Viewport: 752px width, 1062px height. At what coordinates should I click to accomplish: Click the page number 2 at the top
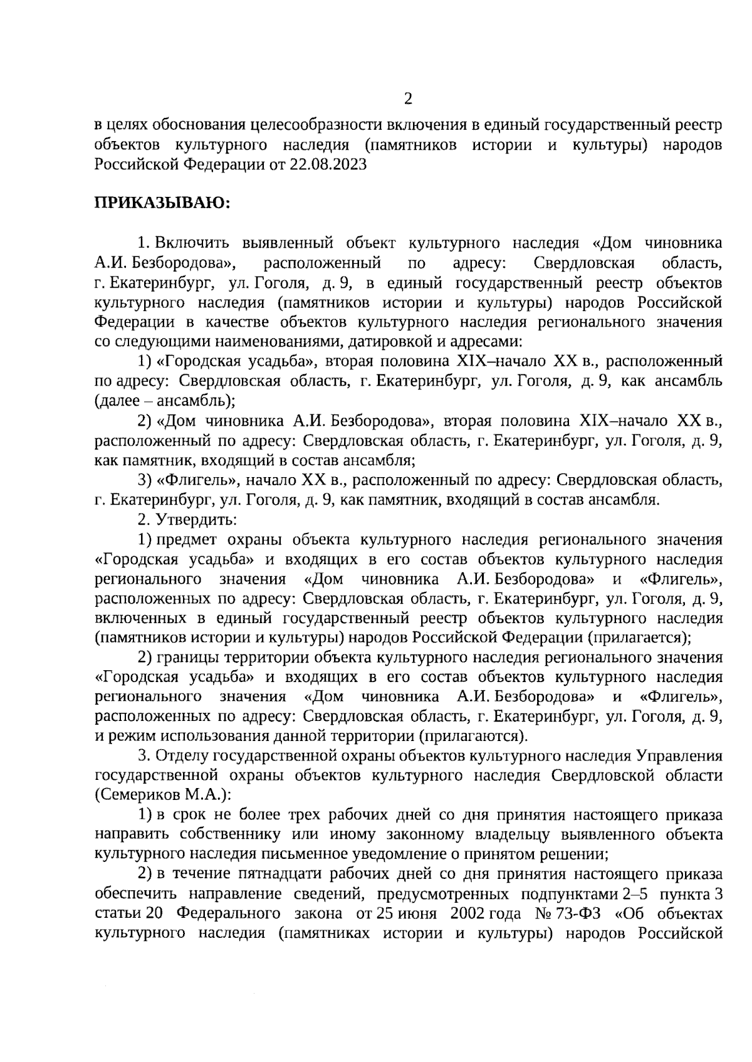point(408,99)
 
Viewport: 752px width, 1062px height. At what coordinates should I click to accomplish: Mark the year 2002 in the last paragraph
point(466,913)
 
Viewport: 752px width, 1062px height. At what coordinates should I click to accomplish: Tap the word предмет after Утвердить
point(187,540)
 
